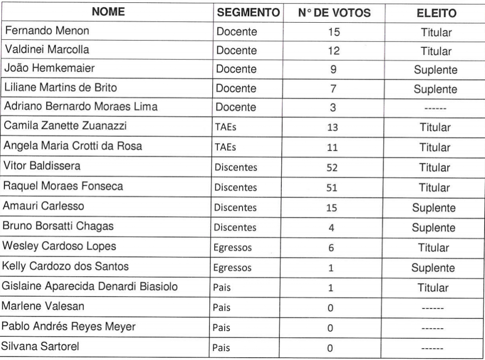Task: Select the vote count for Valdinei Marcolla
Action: point(333,51)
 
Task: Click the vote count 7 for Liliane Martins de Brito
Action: point(333,89)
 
